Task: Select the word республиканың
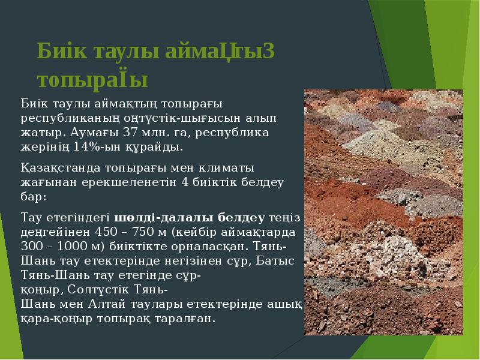pyautogui.click(x=58, y=119)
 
